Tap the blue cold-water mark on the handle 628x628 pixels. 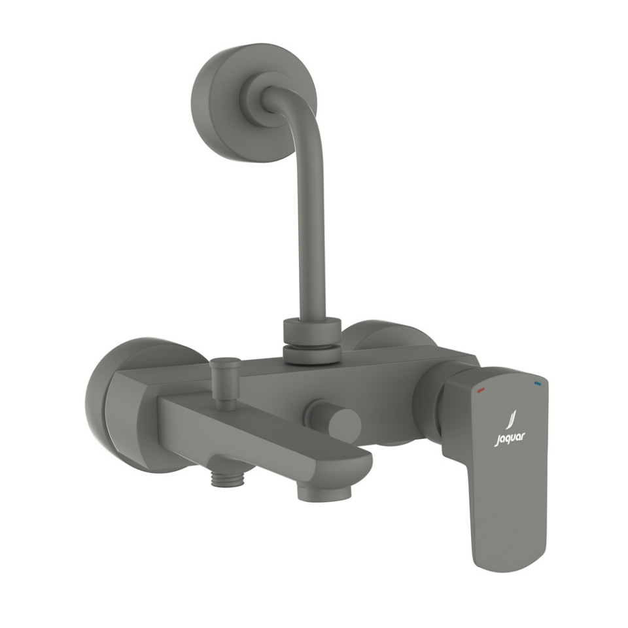point(537,382)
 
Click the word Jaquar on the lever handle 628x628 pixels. point(509,438)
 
